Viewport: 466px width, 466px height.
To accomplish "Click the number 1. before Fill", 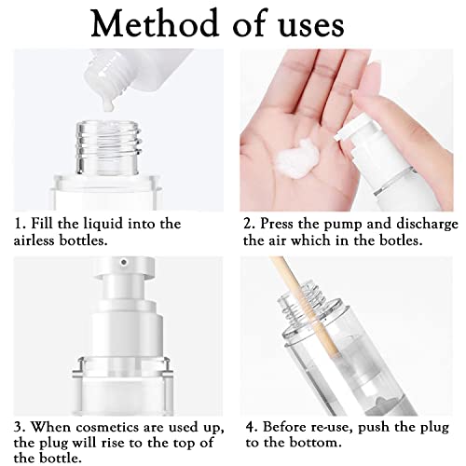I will [x=19, y=224].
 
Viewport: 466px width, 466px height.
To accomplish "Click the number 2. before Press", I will [x=249, y=224].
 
